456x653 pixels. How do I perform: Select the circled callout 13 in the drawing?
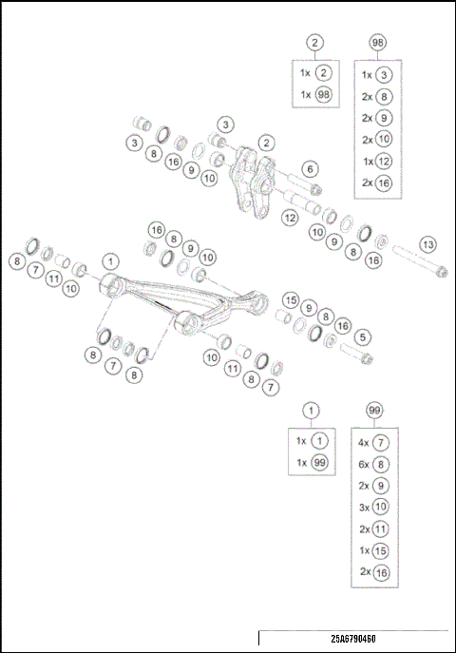pyautogui.click(x=428, y=244)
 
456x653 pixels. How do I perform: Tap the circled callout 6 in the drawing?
pyautogui.click(x=309, y=168)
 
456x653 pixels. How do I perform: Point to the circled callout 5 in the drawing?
pyautogui.click(x=362, y=336)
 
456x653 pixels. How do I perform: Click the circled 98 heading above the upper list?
pyautogui.click(x=378, y=43)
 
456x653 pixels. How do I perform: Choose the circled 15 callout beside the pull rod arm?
pyautogui.click(x=291, y=299)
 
